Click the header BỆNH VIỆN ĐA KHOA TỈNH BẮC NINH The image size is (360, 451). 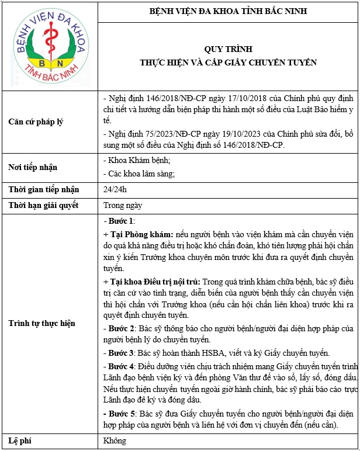pyautogui.click(x=229, y=11)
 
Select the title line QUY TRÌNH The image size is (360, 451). pyautogui.click(x=229, y=49)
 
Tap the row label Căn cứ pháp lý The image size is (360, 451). pyautogui.click(x=36, y=122)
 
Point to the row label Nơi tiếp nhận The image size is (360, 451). pyautogui.click(x=33, y=167)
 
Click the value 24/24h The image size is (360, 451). pyautogui.click(x=115, y=189)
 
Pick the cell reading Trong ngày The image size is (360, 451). pyautogui.click(x=123, y=205)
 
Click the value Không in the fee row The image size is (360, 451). pyautogui.click(x=115, y=440)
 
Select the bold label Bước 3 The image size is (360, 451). pyautogui.click(x=121, y=353)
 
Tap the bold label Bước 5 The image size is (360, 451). pyautogui.click(x=121, y=414)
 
